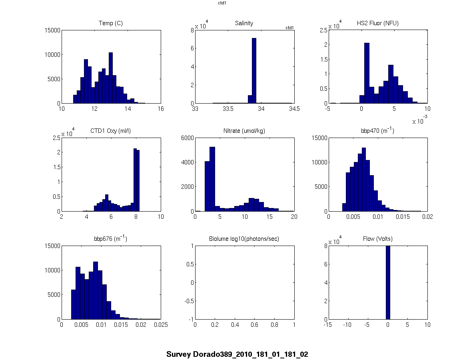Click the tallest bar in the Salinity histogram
[254, 71]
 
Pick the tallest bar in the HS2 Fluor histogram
[367, 73]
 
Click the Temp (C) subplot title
[111, 23]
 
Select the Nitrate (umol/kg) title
[244, 131]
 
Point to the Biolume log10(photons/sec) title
[244, 239]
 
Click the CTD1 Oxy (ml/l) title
[111, 131]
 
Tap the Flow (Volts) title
[377, 239]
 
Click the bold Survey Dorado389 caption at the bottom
[237, 354]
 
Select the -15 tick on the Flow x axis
[328, 325]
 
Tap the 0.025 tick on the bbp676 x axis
[161, 325]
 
